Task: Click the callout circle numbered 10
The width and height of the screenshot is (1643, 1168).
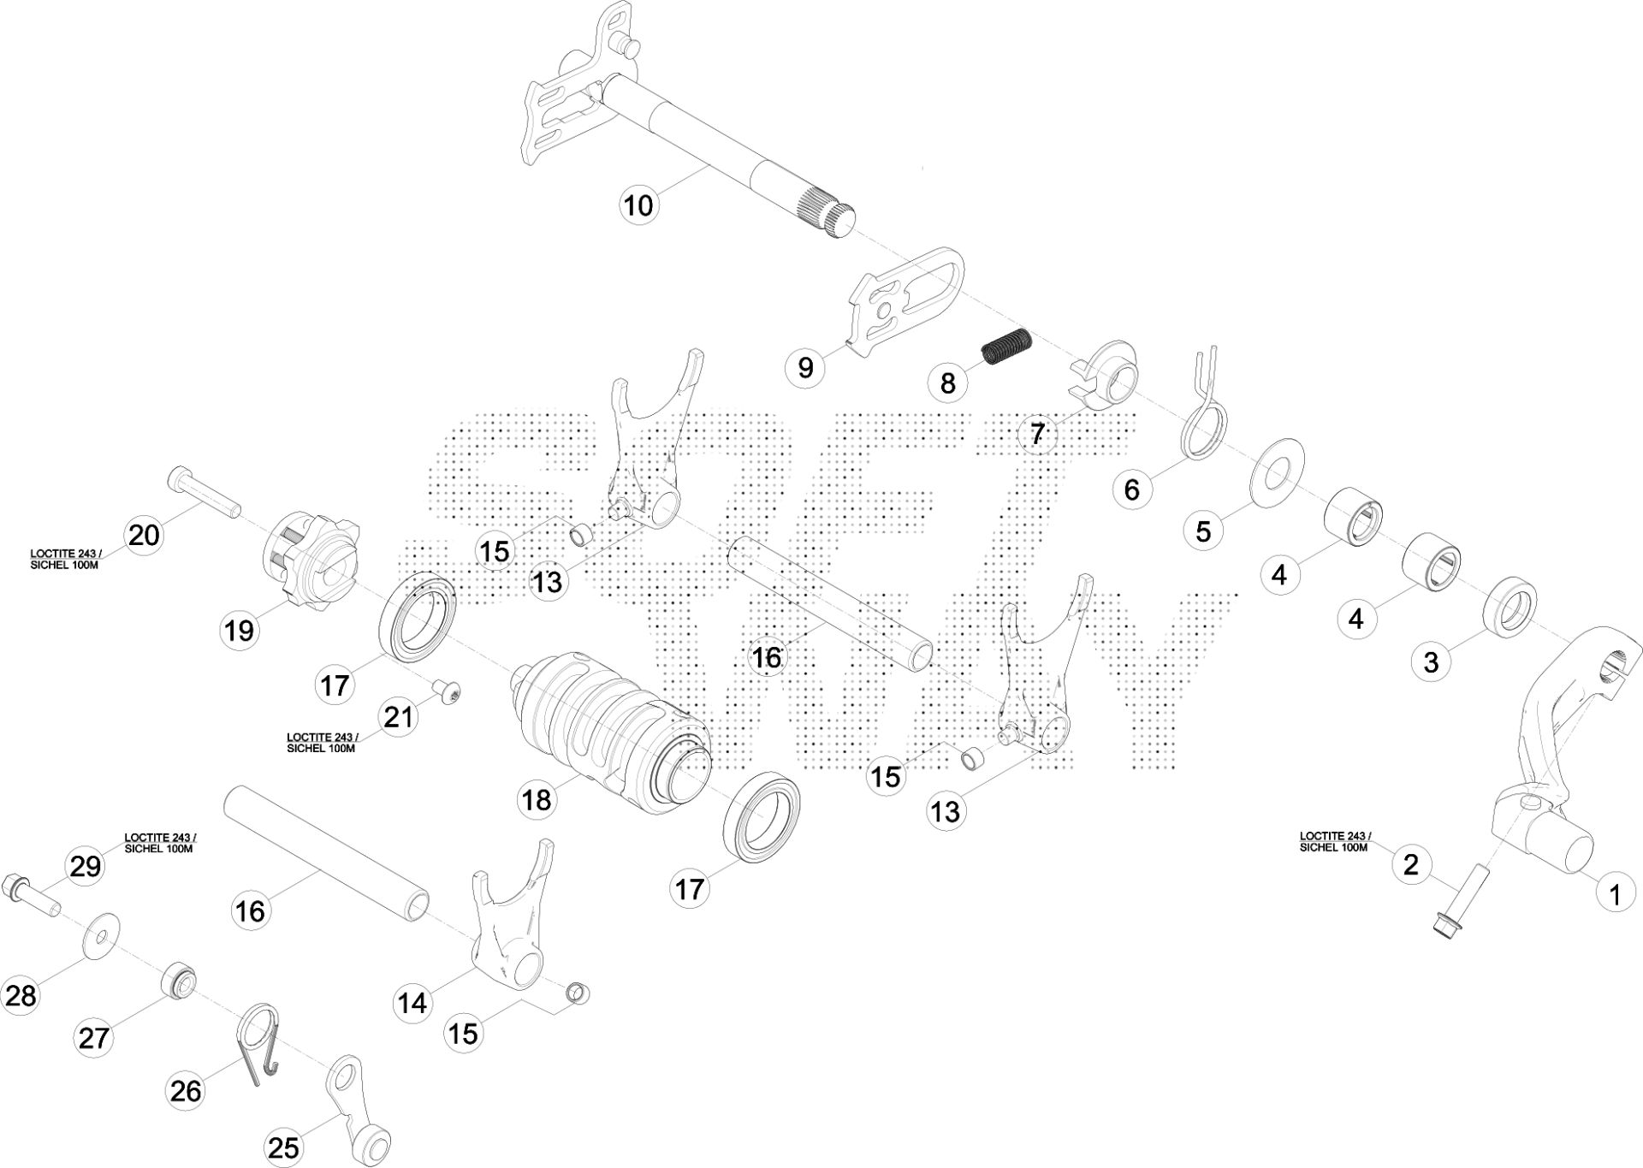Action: click(638, 205)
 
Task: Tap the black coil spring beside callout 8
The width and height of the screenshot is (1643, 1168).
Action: click(1007, 347)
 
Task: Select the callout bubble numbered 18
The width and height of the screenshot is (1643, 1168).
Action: click(537, 800)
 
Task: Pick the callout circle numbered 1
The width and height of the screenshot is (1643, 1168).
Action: click(1615, 895)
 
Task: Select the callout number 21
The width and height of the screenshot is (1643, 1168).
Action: click(398, 717)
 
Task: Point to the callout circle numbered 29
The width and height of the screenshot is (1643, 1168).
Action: click(86, 867)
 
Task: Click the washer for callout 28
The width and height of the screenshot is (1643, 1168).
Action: click(102, 934)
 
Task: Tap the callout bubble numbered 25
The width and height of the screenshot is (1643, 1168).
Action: click(283, 1147)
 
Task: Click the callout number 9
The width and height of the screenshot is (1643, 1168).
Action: click(805, 367)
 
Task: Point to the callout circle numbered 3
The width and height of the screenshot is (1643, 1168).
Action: click(1431, 661)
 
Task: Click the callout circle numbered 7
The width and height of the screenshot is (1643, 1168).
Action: click(1037, 434)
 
